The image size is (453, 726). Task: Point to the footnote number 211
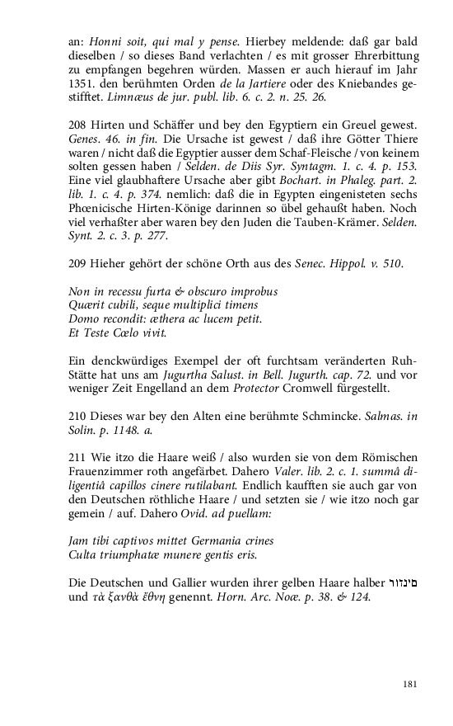point(77,457)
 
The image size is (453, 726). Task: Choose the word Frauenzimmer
point(107,471)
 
